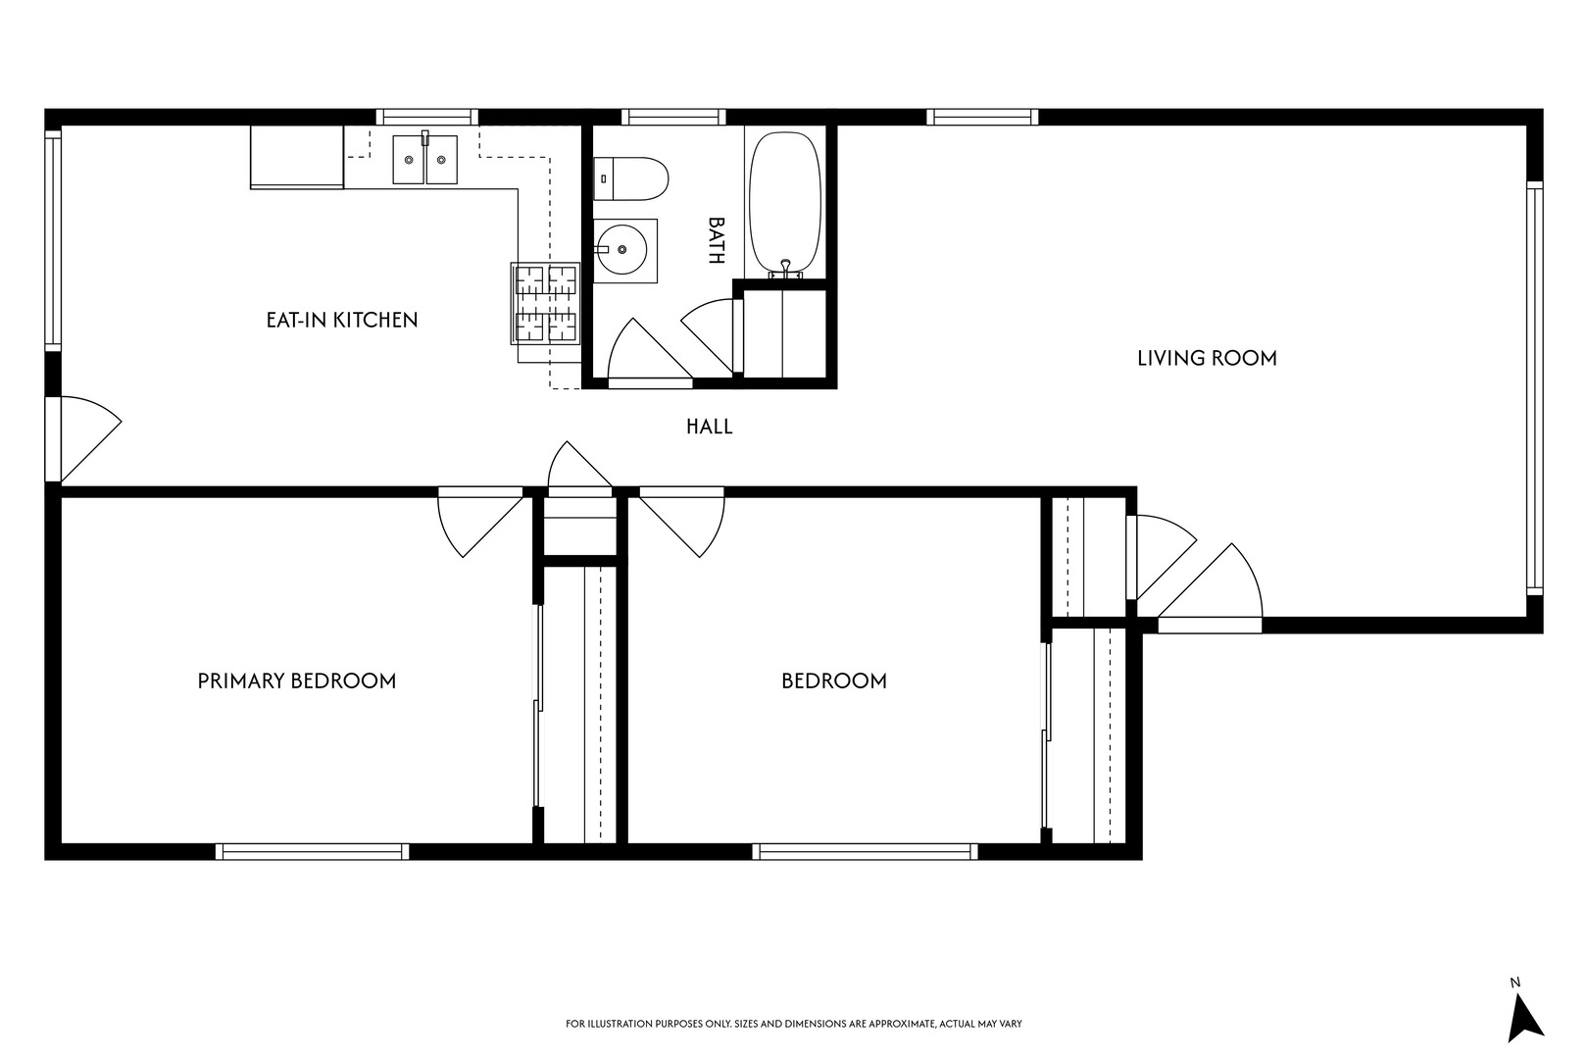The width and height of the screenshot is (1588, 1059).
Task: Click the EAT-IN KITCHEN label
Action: pos(342,320)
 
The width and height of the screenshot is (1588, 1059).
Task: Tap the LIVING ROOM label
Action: pos(1207,358)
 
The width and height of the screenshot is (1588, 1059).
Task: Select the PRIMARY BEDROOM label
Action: pos(296,681)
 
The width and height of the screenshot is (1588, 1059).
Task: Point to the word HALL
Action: pos(709,427)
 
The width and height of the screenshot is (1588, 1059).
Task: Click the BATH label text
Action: pos(716,240)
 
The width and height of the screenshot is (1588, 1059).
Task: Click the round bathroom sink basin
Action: pos(621,250)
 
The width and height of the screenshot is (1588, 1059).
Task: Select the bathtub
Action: pos(785,203)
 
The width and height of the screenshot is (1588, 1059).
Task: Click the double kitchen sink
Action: pos(425,159)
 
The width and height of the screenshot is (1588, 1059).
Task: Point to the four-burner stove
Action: pos(545,304)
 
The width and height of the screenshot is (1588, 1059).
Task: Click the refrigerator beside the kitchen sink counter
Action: pos(297,158)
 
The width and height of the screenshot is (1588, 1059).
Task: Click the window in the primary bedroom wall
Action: pos(313,851)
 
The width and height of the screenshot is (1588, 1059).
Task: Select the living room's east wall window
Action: pos(1534,388)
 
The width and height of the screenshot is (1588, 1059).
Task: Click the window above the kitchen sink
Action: pos(426,117)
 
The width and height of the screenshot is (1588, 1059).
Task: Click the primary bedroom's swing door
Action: pos(480,522)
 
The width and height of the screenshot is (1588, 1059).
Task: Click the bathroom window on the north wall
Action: pos(673,117)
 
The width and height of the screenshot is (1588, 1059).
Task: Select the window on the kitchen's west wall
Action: pos(53,240)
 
